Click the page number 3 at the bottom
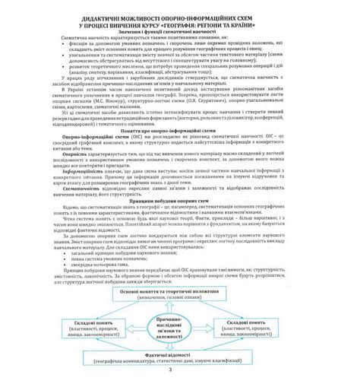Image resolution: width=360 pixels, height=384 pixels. pyautogui.click(x=180, y=370)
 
